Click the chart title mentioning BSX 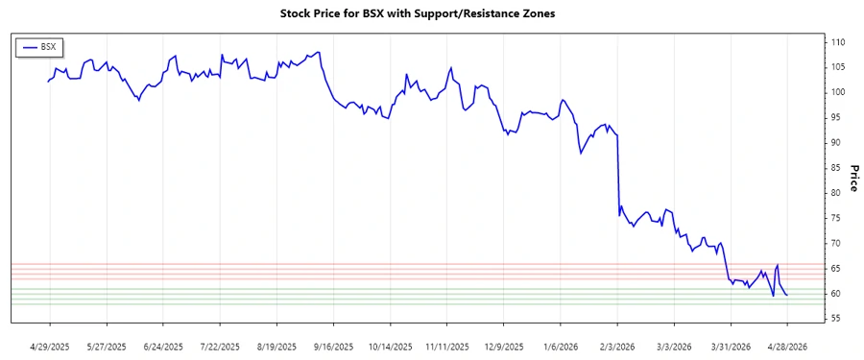418,13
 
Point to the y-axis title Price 853,180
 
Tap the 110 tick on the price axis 838,42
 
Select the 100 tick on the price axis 838,92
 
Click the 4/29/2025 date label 50,346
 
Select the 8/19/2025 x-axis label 277,346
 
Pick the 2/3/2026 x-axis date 617,346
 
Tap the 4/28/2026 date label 787,346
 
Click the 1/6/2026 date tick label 561,346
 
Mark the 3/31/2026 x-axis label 731,346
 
